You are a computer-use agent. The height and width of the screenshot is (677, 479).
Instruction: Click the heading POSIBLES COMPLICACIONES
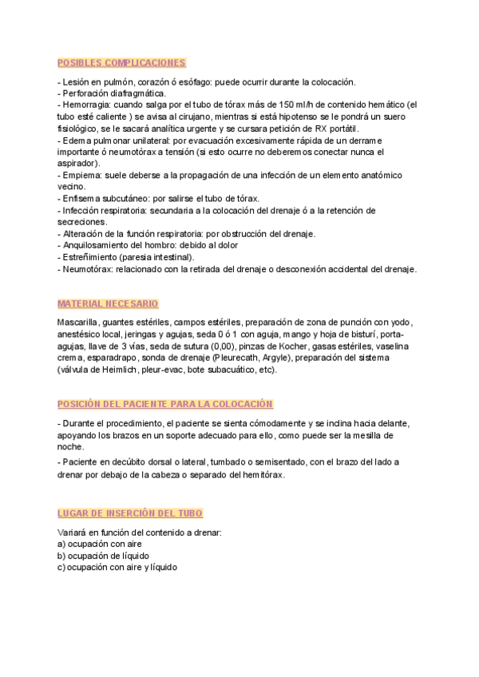coord(122,62)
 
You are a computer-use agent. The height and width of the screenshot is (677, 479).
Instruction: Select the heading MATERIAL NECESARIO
coord(108,304)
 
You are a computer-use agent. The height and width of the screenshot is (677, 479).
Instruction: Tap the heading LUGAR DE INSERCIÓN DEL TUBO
coord(130,513)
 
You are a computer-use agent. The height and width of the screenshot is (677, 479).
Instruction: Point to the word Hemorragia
coord(86,104)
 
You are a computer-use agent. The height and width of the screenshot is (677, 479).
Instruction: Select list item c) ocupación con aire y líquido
coord(117,567)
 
